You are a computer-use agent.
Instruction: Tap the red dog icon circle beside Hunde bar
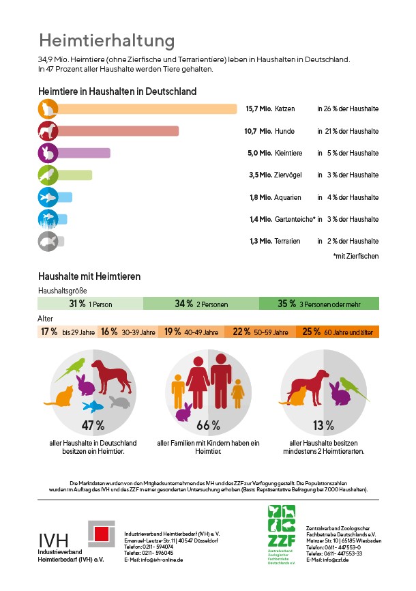[48, 131]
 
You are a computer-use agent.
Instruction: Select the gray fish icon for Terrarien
[48, 241]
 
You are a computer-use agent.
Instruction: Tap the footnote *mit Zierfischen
[355, 256]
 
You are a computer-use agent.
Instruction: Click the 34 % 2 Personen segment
[200, 304]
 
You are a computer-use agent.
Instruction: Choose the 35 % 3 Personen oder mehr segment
[318, 304]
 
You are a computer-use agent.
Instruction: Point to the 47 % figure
[93, 426]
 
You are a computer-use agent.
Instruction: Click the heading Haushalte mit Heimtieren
[90, 276]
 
